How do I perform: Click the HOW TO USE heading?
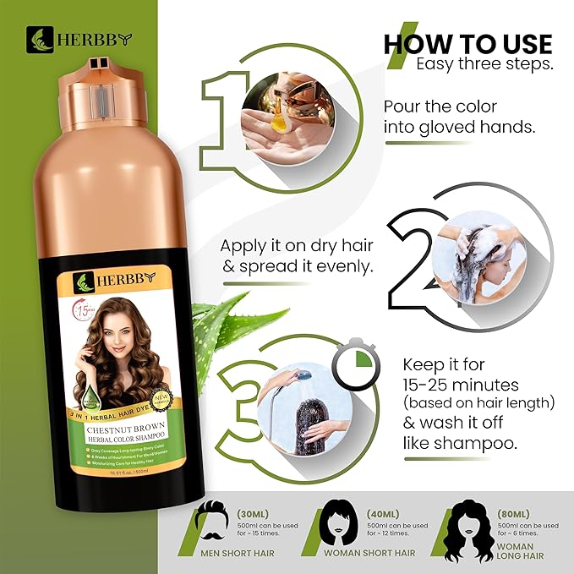pyautogui.click(x=467, y=43)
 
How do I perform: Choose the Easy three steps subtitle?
pyautogui.click(x=482, y=65)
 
